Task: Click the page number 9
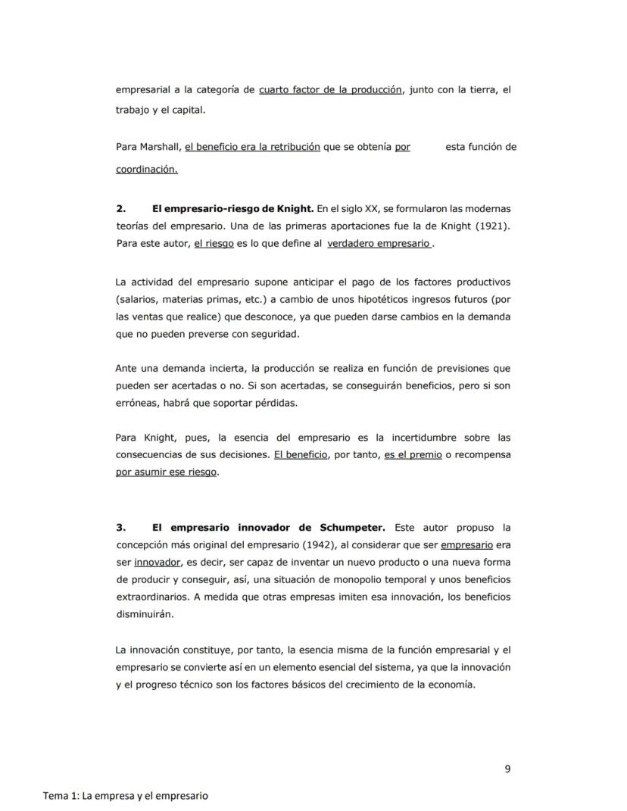(507, 769)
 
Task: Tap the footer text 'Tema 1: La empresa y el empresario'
(126, 796)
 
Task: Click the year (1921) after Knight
(491, 226)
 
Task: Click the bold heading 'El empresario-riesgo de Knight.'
(232, 208)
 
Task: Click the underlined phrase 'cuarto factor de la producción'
(330, 89)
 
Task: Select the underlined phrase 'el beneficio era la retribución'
(252, 147)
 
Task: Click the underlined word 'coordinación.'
(146, 170)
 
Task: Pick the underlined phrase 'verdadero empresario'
(379, 244)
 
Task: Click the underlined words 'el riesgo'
(214, 244)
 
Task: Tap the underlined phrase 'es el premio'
(413, 455)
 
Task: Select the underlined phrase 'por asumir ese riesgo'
(166, 473)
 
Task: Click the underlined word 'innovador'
(158, 562)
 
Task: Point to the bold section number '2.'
(120, 208)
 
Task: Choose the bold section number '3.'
(120, 527)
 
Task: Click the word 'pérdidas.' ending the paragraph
(276, 403)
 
